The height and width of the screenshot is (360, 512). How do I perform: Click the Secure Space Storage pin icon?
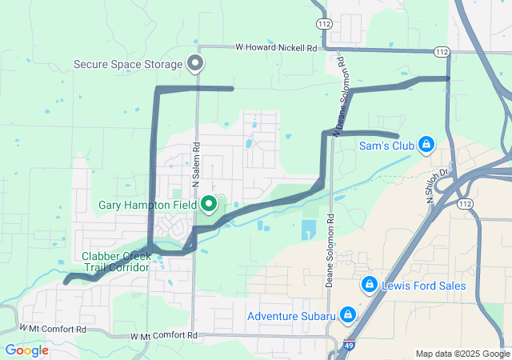194,62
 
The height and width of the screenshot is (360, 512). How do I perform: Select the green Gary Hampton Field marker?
209,204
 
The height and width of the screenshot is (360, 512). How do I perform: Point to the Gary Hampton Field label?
146,205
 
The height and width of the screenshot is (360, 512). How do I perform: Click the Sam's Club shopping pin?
426,145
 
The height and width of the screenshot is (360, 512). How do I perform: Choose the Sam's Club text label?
386,146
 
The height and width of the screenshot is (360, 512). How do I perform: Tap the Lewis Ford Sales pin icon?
369,284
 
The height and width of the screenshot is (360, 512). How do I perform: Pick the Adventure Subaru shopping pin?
348,314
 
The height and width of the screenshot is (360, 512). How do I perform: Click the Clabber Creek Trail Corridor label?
116,262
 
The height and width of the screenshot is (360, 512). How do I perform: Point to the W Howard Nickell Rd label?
275,48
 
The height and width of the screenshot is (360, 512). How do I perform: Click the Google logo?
26,350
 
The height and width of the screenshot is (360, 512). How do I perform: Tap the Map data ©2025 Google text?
462,354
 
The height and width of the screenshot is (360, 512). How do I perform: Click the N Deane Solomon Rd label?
339,96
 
